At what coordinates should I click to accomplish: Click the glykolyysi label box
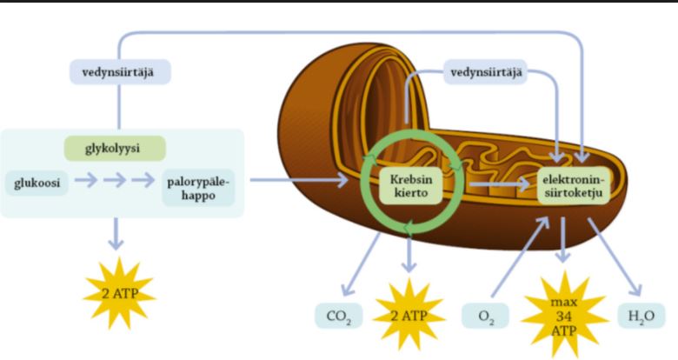point(115,148)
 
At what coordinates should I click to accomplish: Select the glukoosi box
point(36,183)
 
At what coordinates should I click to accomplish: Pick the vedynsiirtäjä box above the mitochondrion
point(488,72)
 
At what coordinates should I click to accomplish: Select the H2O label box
point(641,315)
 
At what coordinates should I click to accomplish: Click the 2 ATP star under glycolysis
point(118,290)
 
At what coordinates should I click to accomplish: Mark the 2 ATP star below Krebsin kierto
point(408,313)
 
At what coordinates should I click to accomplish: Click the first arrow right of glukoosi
point(85,182)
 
